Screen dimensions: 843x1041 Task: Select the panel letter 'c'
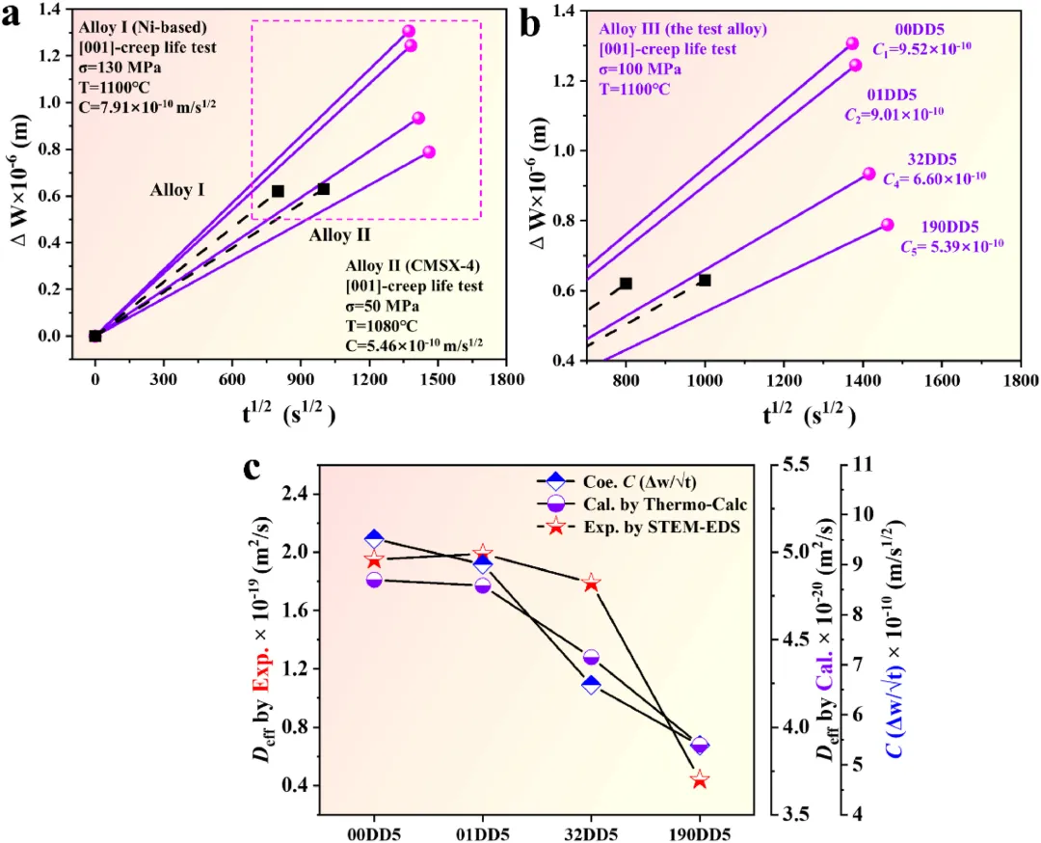tap(253, 470)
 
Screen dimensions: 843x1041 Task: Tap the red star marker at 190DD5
tap(700, 779)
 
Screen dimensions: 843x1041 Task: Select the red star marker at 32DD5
tap(592, 583)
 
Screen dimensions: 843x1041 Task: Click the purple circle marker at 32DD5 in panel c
tap(592, 658)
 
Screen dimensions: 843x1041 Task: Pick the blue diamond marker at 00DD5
tap(374, 539)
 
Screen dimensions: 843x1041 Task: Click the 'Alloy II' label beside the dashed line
tap(340, 233)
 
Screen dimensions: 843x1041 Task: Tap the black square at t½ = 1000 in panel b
tap(705, 280)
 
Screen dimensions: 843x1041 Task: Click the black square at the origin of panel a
tap(94, 336)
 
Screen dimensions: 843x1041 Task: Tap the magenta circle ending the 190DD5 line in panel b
tap(887, 225)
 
